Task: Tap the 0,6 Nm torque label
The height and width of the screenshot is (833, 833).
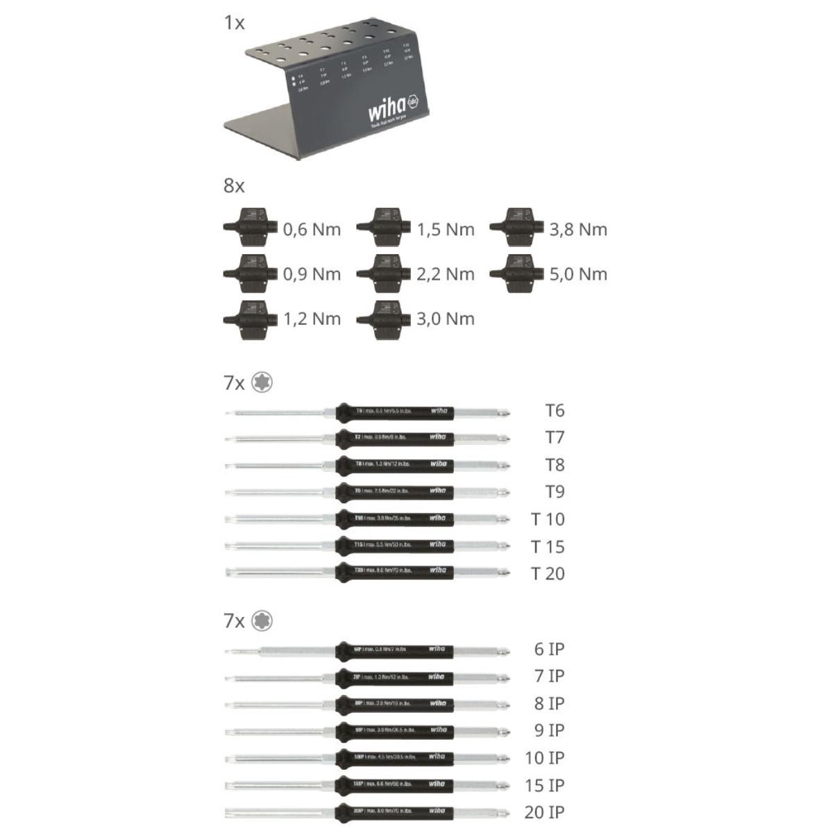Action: [312, 230]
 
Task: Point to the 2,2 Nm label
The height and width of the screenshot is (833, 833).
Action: [446, 274]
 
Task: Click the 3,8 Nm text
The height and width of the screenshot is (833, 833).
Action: [578, 230]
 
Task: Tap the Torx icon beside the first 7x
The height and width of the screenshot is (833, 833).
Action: [262, 382]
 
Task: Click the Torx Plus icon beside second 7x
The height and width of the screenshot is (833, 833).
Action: [262, 621]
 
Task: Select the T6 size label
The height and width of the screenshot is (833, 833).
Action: [555, 411]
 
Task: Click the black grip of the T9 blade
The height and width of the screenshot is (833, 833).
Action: [394, 492]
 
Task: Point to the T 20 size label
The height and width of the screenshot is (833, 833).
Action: [548, 574]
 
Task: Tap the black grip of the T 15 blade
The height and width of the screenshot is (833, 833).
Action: [394, 546]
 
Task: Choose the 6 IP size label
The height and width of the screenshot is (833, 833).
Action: [549, 650]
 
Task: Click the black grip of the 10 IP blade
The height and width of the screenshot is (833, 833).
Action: [394, 758]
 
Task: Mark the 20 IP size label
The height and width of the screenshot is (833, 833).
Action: [544, 812]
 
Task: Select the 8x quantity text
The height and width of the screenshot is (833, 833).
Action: [234, 186]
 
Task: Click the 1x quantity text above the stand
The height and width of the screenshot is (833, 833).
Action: [234, 23]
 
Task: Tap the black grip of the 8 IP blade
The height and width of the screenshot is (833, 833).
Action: [394, 704]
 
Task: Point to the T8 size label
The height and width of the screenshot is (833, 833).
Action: [555, 465]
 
